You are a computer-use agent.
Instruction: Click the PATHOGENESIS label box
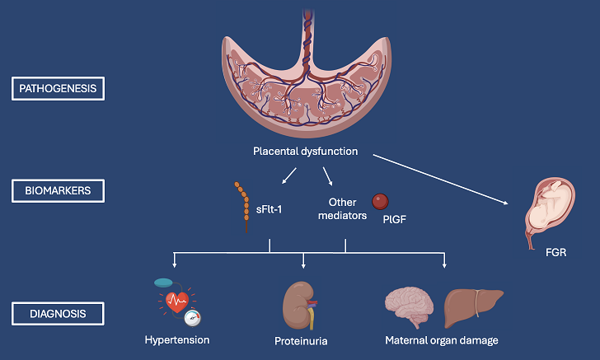[x=59, y=88]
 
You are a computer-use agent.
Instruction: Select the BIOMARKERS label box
[x=59, y=192]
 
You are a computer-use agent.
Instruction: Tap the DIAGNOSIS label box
[x=59, y=313]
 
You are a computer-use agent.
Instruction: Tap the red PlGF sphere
[x=380, y=202]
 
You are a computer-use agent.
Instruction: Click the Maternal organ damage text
[x=441, y=339]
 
